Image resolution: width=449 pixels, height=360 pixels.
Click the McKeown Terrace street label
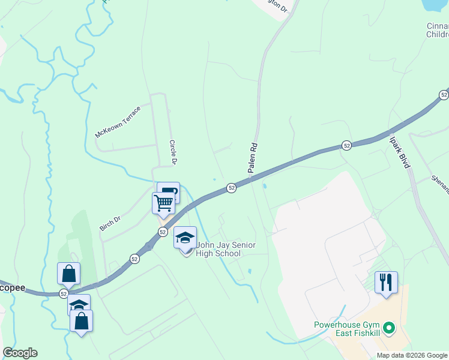tap(118, 122)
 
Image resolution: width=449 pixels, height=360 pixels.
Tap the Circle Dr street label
tap(173, 152)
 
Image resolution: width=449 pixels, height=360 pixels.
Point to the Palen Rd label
tap(253, 158)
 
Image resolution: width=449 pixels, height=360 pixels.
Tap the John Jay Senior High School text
tap(218, 250)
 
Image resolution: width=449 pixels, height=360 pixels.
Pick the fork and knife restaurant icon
tap(386, 281)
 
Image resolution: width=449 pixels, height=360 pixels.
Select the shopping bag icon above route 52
tap(69, 273)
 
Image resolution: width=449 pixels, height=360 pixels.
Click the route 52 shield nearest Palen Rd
tap(231, 188)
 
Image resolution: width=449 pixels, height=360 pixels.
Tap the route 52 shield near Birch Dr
tap(134, 259)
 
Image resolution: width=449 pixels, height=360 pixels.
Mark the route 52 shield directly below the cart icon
tap(162, 232)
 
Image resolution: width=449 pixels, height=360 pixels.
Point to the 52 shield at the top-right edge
tap(444, 95)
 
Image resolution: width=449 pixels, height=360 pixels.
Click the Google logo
tap(20, 353)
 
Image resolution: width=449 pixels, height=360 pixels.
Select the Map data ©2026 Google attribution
tap(412, 355)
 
